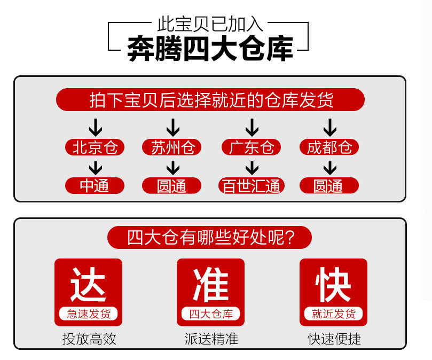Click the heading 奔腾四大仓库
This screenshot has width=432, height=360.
(x=210, y=50)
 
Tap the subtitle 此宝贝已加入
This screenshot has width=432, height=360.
(x=210, y=25)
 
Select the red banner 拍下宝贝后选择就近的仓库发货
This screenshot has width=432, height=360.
(x=210, y=100)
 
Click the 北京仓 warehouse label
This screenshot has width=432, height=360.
(x=95, y=147)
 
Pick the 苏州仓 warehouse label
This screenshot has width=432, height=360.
(x=172, y=147)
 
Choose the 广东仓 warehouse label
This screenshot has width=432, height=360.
(x=251, y=147)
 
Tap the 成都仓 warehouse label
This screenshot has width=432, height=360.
(x=329, y=147)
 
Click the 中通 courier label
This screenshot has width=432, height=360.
(x=95, y=186)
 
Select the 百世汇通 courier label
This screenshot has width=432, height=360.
(x=251, y=186)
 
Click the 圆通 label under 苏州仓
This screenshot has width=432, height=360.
(x=172, y=186)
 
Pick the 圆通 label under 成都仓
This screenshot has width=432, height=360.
(x=329, y=186)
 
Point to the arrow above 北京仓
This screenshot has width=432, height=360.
(x=95, y=128)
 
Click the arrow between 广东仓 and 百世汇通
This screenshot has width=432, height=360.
(x=252, y=167)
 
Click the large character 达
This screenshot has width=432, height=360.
(x=88, y=285)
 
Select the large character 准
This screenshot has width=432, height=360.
(x=210, y=285)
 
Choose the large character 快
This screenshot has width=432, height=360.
(x=333, y=285)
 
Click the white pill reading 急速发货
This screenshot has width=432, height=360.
(x=88, y=314)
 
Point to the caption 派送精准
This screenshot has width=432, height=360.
(x=211, y=339)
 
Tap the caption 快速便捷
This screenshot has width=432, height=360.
(x=334, y=339)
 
